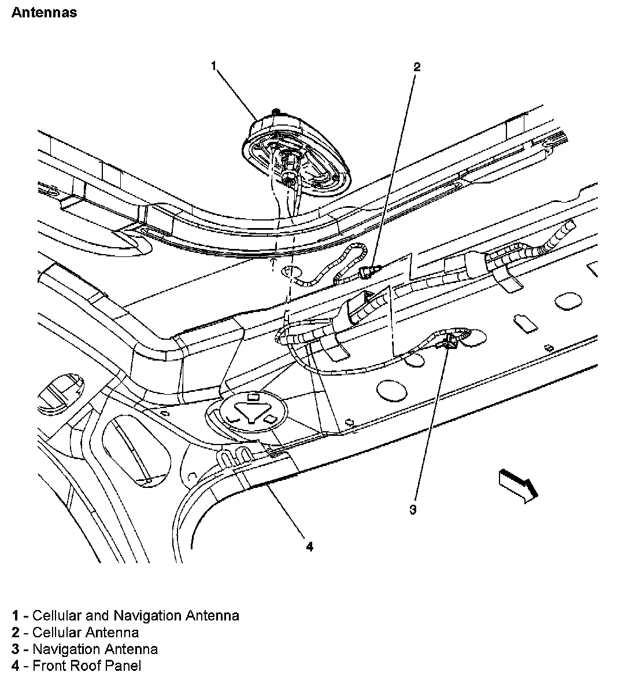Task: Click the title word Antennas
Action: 44,12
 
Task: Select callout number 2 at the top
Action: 416,67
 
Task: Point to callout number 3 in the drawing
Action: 413,509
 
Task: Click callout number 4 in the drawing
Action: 310,546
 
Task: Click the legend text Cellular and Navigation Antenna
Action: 136,615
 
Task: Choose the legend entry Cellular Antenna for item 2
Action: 86,632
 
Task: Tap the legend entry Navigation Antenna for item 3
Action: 95,649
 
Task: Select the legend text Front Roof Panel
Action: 87,666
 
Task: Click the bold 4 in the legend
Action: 16,666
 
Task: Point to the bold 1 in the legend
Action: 16,615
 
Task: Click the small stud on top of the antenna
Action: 277,111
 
